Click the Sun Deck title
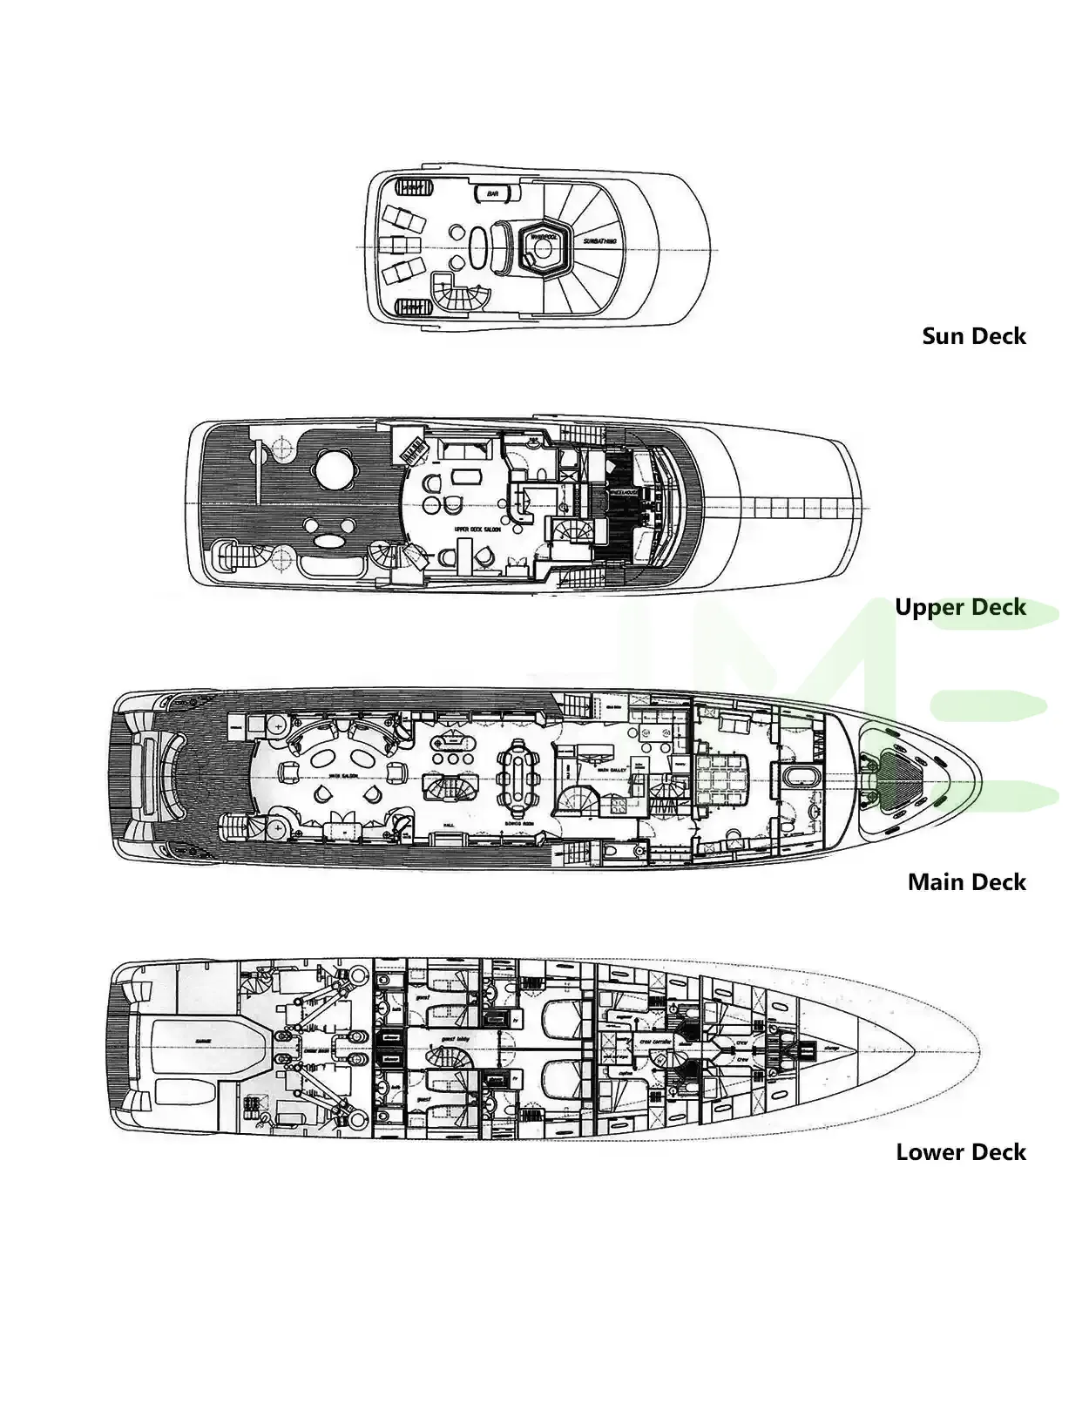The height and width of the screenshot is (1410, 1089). [x=974, y=336]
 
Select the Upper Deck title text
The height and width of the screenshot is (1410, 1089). [x=961, y=607]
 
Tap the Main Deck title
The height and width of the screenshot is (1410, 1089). [x=967, y=882]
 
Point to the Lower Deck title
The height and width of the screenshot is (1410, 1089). [x=961, y=1152]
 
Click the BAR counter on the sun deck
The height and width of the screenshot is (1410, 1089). [x=493, y=194]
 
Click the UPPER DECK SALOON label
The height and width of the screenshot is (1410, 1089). [x=476, y=529]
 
